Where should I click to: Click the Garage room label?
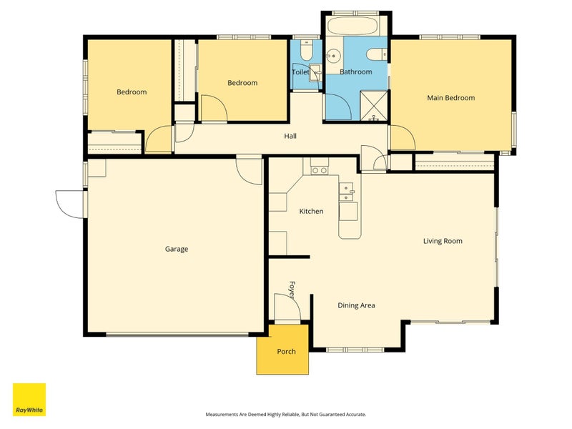tap(177, 249)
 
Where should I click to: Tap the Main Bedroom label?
tap(451, 98)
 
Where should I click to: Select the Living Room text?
tap(443, 241)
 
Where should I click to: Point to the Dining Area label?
tap(356, 306)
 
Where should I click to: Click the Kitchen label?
tap(311, 211)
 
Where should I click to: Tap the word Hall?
tap(290, 136)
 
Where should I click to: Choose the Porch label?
tap(287, 352)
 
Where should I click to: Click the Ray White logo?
tap(29, 400)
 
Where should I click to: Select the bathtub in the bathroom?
tap(353, 26)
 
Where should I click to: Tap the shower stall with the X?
tap(374, 105)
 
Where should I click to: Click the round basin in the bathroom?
tap(332, 56)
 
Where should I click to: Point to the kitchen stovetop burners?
tap(320, 170)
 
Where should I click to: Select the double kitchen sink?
tap(346, 192)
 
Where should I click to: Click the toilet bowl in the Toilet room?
tap(306, 51)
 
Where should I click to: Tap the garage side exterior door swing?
tap(69, 204)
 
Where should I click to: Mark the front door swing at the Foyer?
tap(288, 308)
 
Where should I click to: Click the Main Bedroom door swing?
tap(403, 137)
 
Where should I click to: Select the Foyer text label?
tap(292, 290)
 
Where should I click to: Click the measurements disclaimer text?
tap(286, 415)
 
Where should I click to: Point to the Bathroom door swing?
tap(338, 107)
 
